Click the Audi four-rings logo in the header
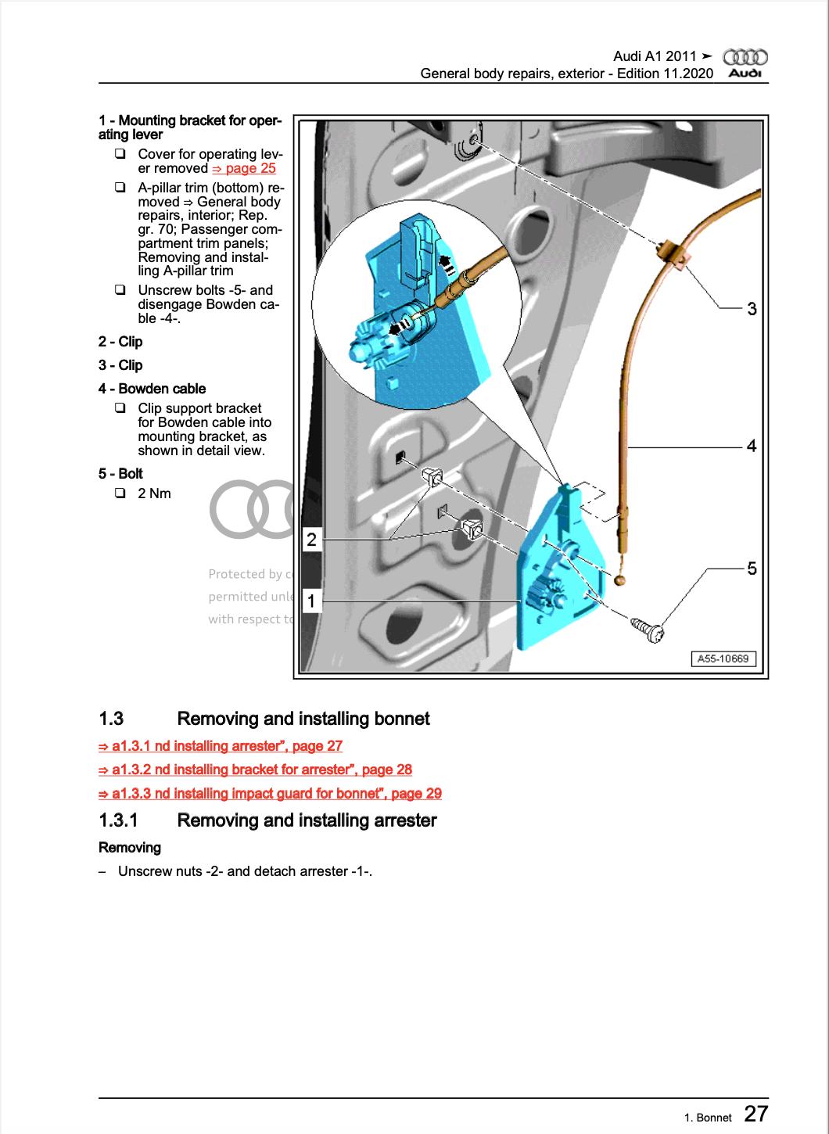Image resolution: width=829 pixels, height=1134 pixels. pos(745,57)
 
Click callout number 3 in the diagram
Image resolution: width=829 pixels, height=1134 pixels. pos(752,309)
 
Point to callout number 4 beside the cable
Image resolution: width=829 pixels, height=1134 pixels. pos(752,446)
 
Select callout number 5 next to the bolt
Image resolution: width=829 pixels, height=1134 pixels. pos(752,569)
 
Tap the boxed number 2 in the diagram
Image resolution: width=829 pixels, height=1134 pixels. pos(311,539)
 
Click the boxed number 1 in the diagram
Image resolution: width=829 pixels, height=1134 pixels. pos(311,601)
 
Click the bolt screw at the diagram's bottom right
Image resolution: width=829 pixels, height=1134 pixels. pos(647,627)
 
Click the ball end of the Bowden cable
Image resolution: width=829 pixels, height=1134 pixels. pos(620,580)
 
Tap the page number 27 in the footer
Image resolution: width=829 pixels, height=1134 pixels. pos(755,1113)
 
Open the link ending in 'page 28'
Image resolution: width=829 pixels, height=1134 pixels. pos(255,770)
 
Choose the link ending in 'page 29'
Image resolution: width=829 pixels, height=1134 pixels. pos(270,793)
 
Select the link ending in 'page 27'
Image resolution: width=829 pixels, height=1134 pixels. pos(221,746)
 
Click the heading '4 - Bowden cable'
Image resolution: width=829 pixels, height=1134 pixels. pos(153,389)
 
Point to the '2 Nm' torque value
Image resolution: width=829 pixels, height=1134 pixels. pos(154,493)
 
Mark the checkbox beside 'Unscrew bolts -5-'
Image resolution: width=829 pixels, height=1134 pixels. pos(120,290)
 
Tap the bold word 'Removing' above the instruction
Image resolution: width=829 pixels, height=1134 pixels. pos(130,848)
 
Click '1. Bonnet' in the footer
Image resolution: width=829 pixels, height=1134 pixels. pos(708,1118)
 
